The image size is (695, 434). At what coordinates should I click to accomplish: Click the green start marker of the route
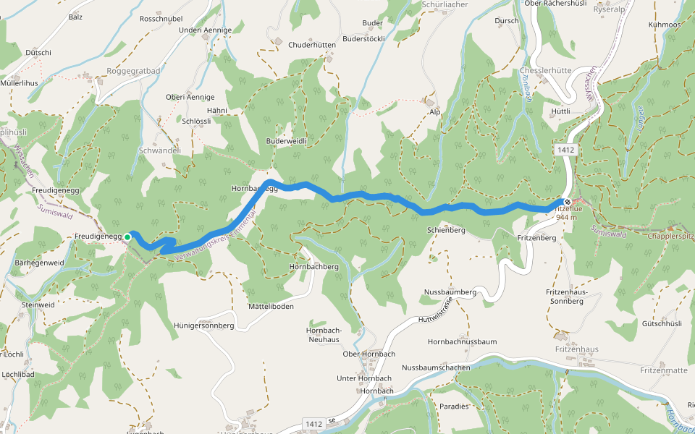127,237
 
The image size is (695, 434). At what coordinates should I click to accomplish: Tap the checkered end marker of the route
568,202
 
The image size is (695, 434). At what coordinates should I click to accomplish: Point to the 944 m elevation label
568,217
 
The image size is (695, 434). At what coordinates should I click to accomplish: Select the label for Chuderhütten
312,45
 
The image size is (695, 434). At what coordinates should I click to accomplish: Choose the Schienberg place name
445,230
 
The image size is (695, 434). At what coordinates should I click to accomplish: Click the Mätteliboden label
271,307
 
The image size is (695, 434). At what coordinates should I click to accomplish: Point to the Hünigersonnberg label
203,325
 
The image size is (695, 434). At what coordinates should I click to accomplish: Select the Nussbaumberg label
450,292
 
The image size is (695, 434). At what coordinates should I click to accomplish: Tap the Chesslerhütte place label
547,71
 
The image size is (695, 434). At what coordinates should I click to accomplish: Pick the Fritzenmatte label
664,370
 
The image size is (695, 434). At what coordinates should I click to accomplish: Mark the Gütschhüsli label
657,323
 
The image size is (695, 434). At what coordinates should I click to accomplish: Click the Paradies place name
454,407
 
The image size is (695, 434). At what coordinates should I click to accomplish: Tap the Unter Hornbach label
364,378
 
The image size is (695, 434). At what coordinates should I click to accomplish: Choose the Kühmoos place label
665,25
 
